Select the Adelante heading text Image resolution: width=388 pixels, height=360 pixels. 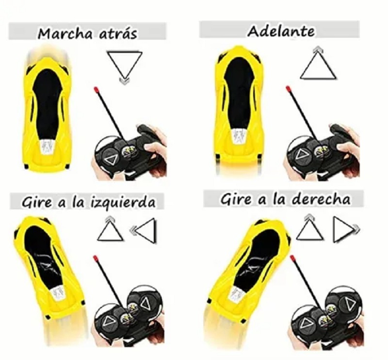click(x=281, y=32)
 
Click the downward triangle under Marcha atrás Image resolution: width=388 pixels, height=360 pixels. click(x=125, y=64)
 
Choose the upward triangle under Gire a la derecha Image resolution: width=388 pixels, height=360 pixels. click(x=310, y=229)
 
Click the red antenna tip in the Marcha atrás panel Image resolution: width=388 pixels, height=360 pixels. click(x=97, y=90)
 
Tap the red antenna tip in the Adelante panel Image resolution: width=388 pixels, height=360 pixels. click(x=289, y=89)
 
